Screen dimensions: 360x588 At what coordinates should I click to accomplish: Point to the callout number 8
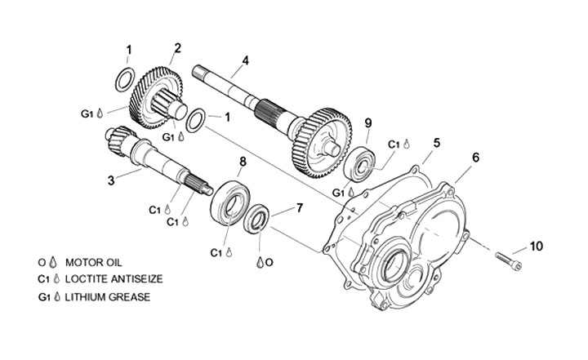(242, 162)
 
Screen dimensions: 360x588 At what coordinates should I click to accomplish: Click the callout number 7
(299, 207)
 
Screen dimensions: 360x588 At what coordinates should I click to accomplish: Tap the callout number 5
(437, 142)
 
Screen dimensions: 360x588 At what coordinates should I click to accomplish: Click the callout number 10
(536, 245)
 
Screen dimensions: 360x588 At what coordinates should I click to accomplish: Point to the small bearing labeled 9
(360, 164)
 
